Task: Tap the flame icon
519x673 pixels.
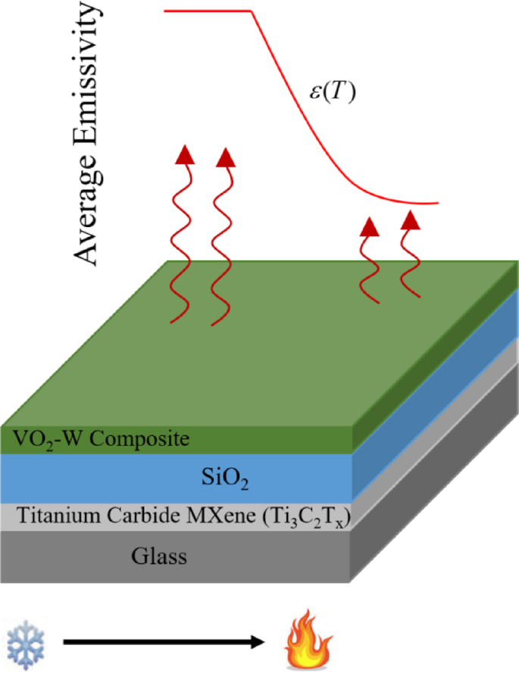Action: [305, 643]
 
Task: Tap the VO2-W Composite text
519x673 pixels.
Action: [102, 438]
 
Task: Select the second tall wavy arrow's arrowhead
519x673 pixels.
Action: [226, 157]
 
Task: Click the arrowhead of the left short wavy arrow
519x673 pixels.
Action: [370, 226]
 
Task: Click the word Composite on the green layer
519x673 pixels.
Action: [147, 438]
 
